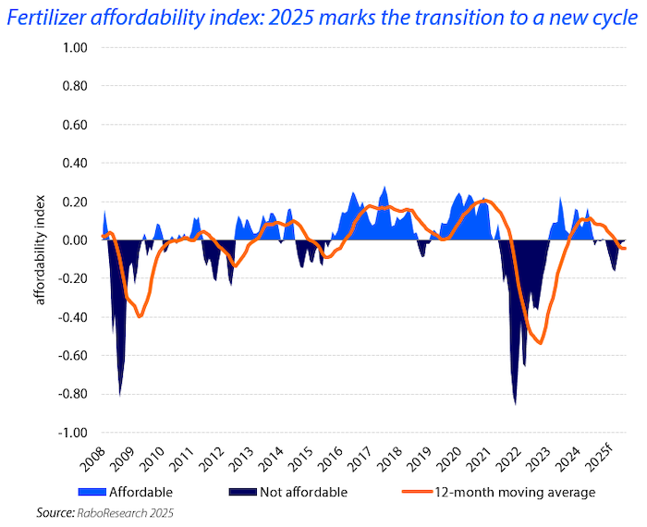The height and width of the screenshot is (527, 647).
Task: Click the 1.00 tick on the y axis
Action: pyautogui.click(x=74, y=48)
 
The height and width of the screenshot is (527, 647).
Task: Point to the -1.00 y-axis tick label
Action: pyautogui.click(x=72, y=433)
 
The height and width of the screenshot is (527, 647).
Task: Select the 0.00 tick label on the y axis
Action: pyautogui.click(x=74, y=240)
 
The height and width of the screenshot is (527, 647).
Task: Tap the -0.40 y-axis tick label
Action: pyautogui.click(x=72, y=317)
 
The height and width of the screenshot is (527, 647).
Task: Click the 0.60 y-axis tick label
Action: pyautogui.click(x=74, y=125)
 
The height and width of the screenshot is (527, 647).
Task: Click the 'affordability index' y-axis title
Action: pyautogui.click(x=40, y=240)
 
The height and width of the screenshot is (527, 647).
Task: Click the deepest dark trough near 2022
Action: pyautogui.click(x=515, y=403)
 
